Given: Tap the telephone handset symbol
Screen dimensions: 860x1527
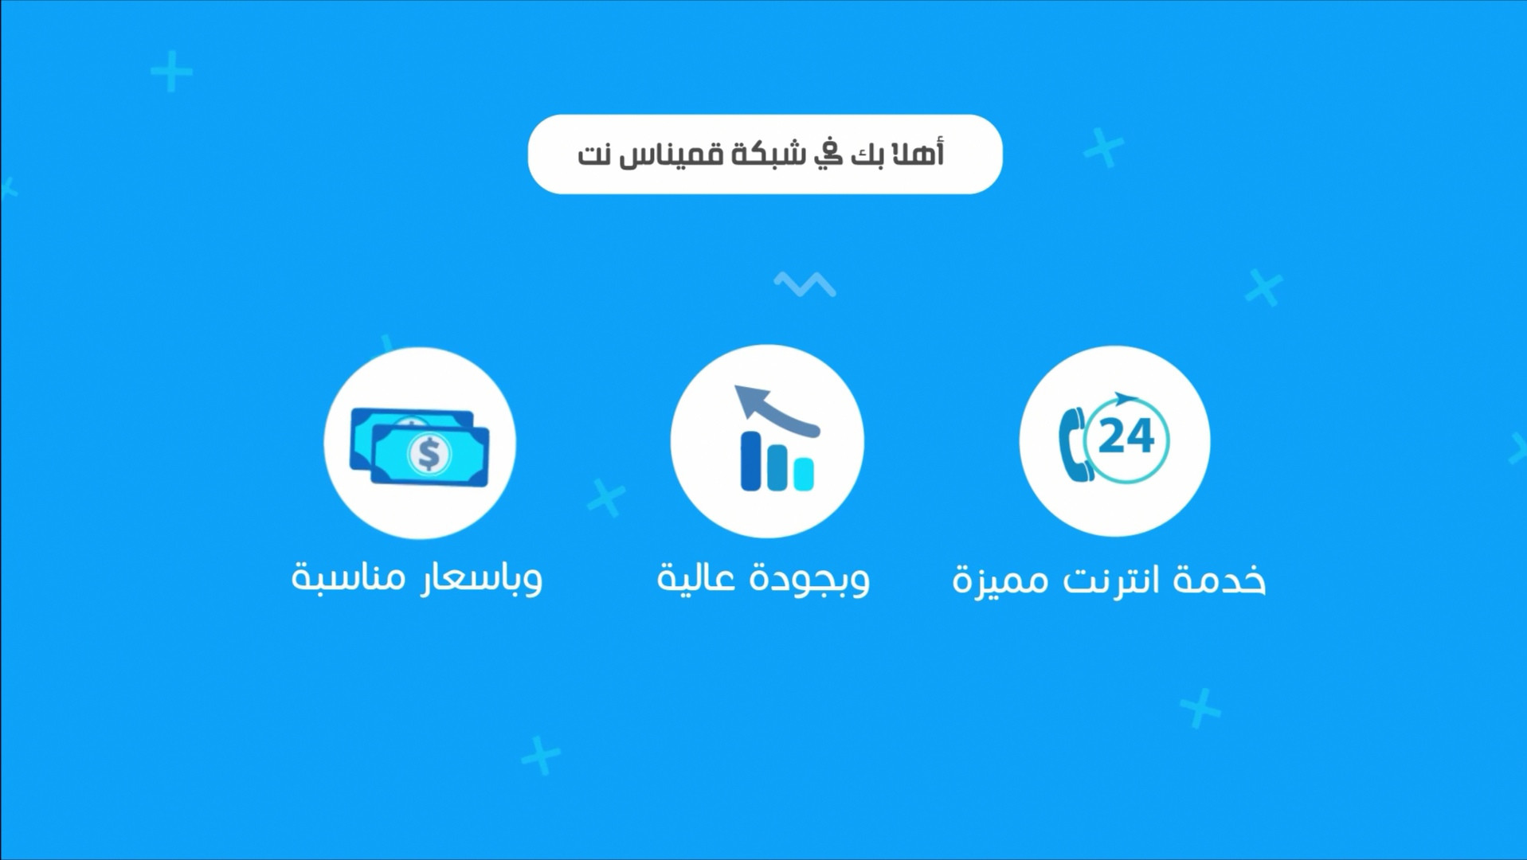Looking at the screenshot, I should (x=1072, y=444).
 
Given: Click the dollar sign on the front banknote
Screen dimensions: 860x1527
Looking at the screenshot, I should (x=429, y=454).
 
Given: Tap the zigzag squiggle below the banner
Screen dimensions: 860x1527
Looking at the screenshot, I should (x=805, y=283).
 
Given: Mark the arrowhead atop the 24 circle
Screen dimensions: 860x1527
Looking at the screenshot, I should (x=1124, y=398).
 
